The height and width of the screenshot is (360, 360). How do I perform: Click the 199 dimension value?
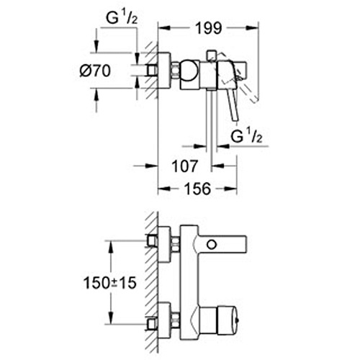point(208,28)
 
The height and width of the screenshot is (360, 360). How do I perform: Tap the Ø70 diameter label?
point(95,71)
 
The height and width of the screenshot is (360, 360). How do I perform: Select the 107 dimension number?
point(184,166)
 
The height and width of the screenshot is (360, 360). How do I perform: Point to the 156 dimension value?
point(198,189)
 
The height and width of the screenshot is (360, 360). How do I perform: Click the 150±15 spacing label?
point(110,283)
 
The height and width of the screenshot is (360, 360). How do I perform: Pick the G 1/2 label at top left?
point(122,18)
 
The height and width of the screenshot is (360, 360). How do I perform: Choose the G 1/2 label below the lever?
point(246,136)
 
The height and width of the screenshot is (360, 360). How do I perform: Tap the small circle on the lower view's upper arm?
point(212,245)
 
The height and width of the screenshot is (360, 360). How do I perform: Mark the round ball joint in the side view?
point(190,70)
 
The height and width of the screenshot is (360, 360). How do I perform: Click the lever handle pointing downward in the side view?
point(233,104)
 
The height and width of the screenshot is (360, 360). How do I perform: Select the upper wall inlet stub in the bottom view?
point(153,240)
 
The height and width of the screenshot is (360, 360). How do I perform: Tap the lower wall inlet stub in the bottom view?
point(153,323)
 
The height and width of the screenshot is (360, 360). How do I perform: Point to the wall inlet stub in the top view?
point(153,71)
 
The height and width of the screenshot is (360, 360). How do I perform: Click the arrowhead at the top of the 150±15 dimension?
point(111,247)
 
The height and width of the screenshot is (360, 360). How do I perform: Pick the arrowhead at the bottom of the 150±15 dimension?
point(111,318)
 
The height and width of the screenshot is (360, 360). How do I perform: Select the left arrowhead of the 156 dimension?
point(164,189)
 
